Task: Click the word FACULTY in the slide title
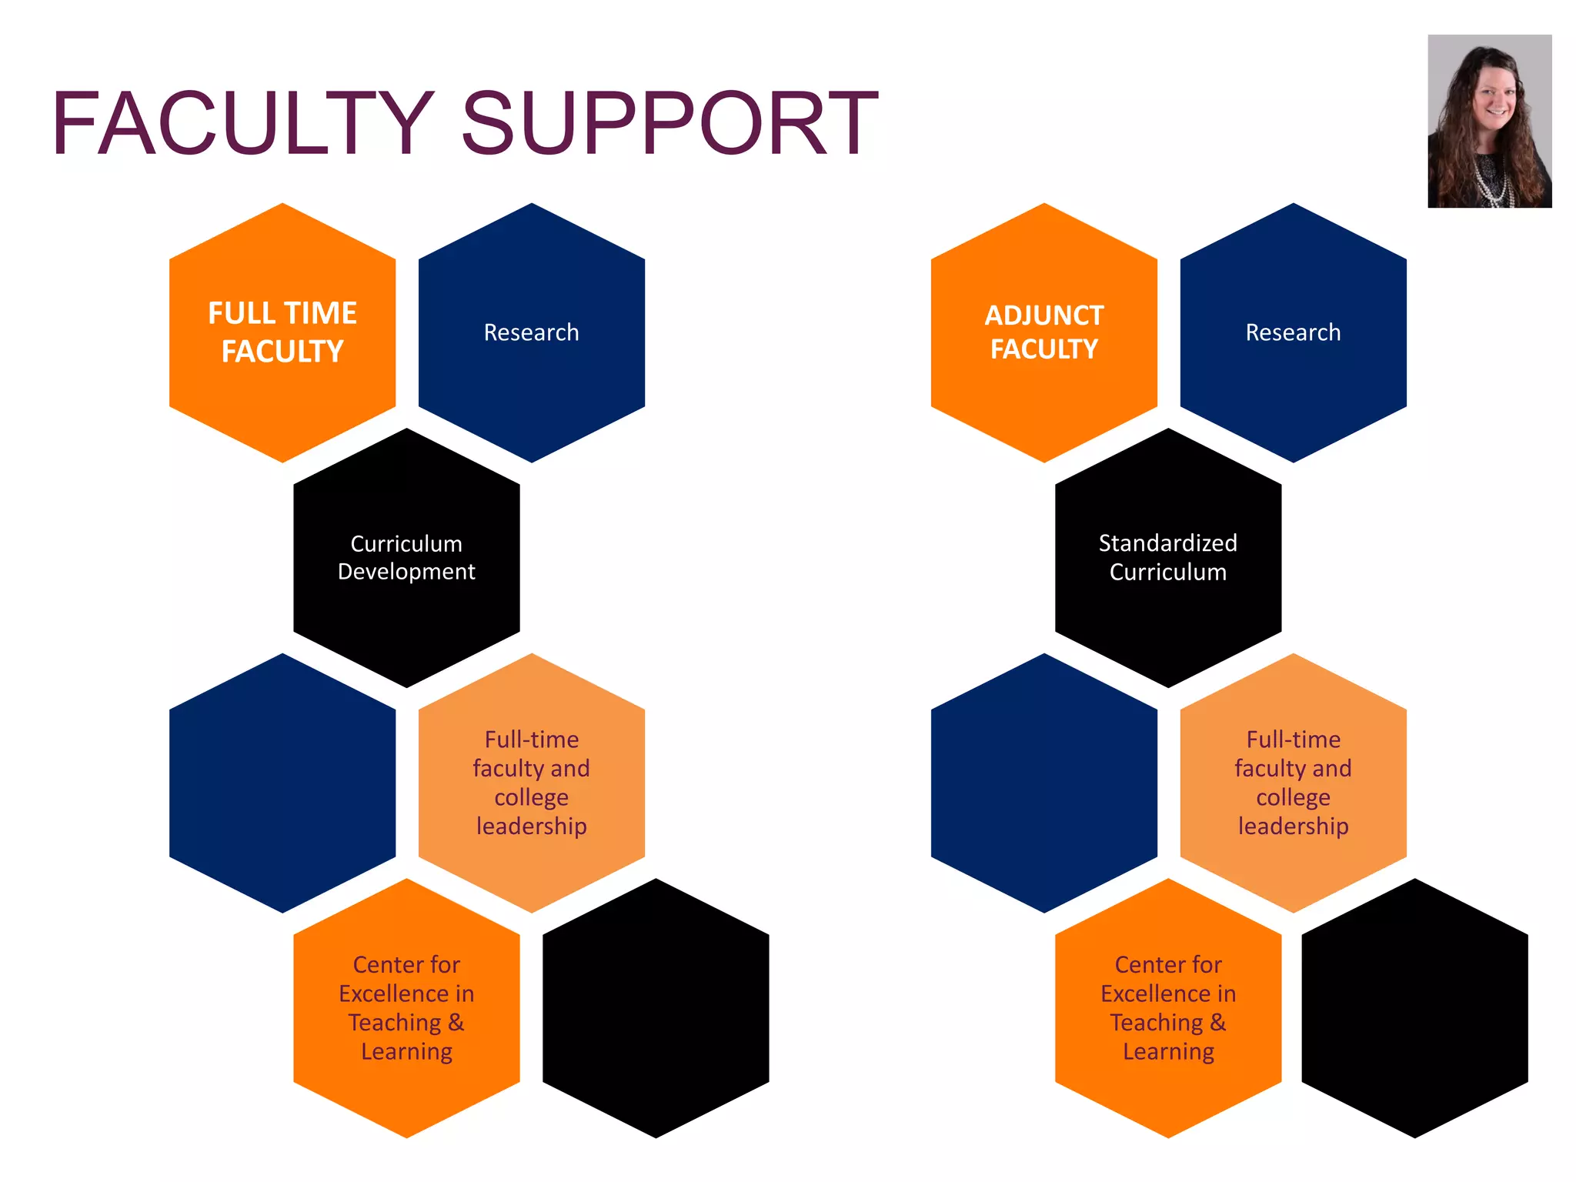[242, 123]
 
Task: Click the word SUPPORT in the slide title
[669, 123]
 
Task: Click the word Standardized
[1167, 543]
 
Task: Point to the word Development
[406, 572]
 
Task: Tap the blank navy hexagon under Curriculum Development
[282, 783]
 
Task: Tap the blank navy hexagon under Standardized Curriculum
[1043, 783]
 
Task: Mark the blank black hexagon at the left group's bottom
[656, 1007]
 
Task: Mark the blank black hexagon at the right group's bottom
[1414, 1007]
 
